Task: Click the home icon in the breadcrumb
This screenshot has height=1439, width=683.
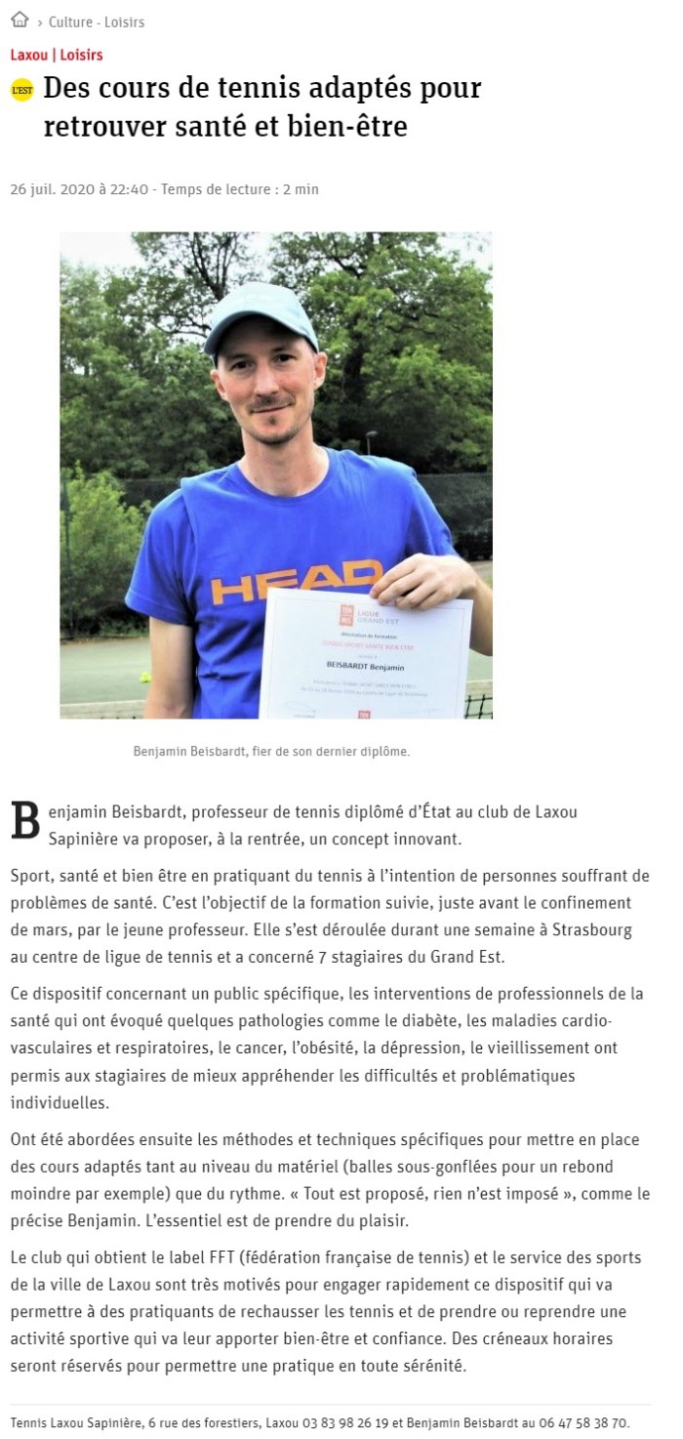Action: click(x=20, y=20)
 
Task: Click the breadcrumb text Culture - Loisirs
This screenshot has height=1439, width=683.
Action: click(x=97, y=22)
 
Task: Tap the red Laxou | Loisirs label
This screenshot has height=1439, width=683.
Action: click(x=57, y=55)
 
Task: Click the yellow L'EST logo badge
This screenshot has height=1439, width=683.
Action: click(x=21, y=90)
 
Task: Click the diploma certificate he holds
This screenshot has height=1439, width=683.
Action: click(x=365, y=654)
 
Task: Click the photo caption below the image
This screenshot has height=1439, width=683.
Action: click(x=271, y=752)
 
